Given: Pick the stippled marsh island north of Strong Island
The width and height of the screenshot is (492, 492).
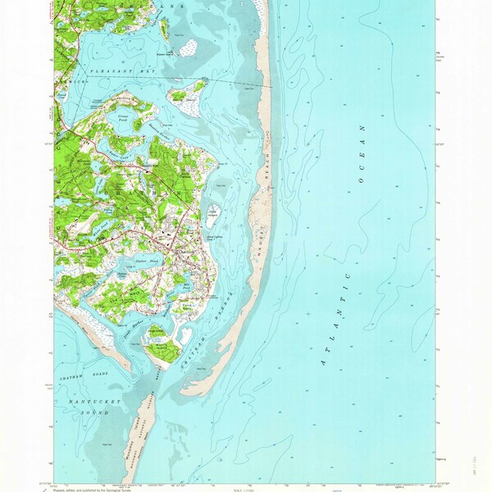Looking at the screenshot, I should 187,47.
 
